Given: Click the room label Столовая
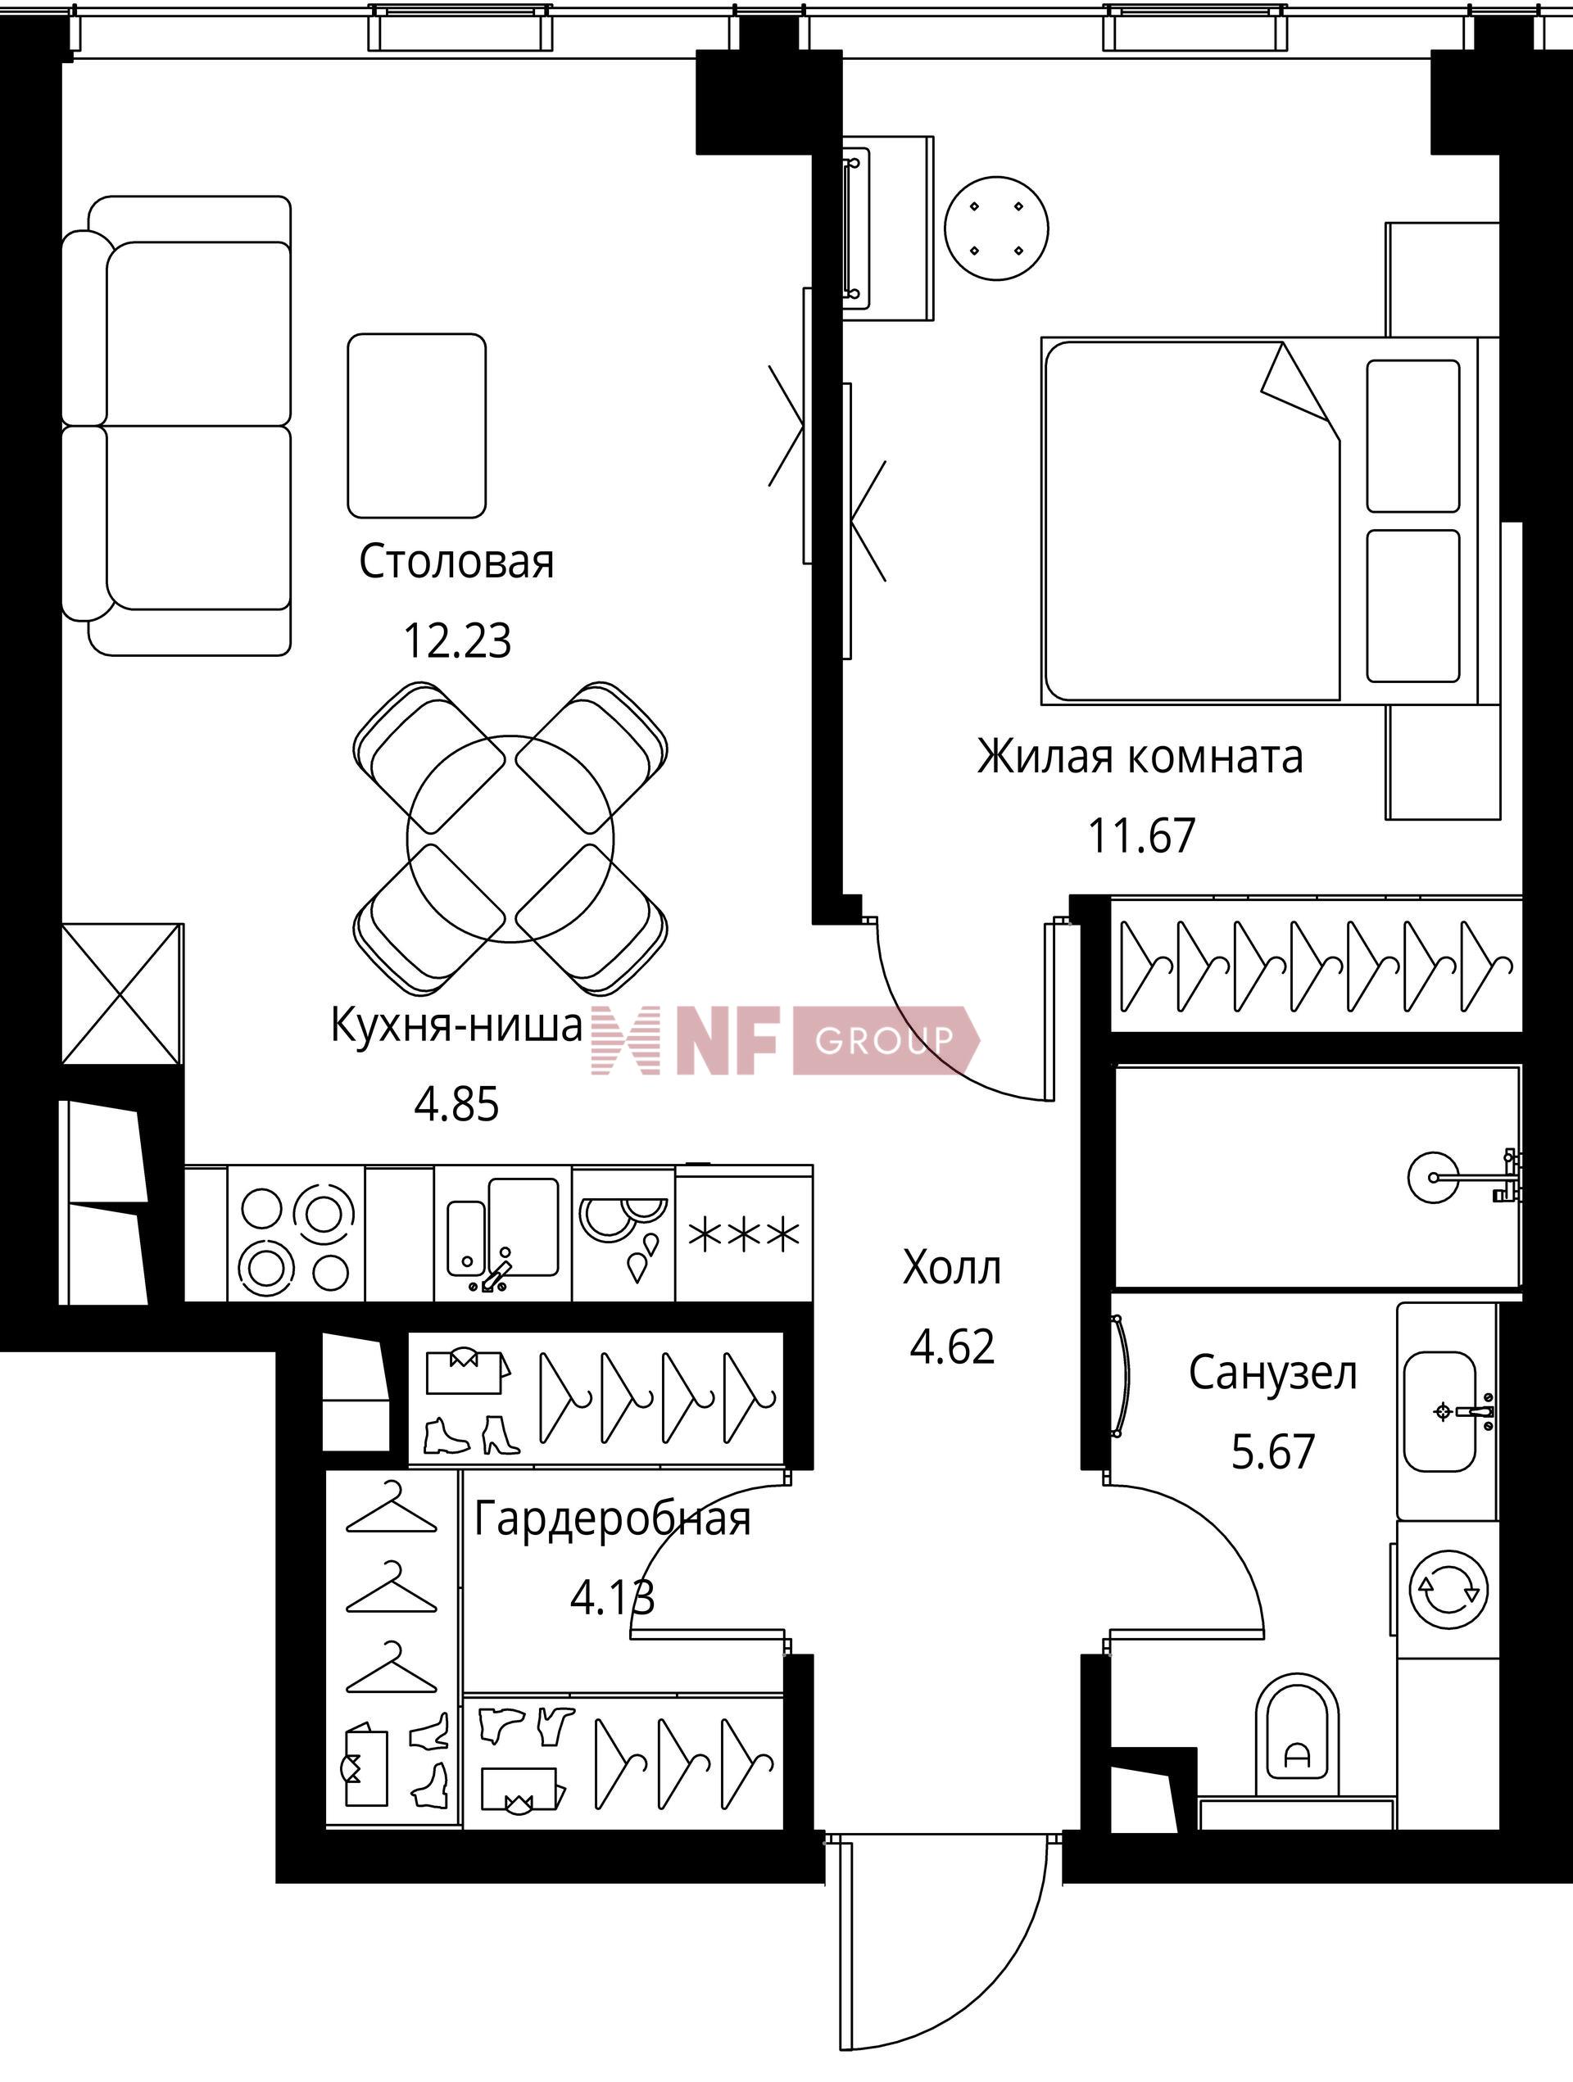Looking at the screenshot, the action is [456, 562].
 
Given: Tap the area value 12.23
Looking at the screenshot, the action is [457, 641].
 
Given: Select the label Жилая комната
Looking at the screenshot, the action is [1140, 756].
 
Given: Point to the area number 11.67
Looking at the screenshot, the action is [1142, 835].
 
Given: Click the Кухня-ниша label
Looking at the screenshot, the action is [457, 1024].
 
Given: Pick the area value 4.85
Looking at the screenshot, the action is [456, 1104].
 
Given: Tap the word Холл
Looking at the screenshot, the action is [952, 1268].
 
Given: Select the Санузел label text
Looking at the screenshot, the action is [1272, 1373].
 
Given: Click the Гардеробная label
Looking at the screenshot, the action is [612, 1519].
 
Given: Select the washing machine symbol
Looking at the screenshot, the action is [1448, 1590].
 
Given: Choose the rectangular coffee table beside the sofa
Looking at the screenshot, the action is [417, 425].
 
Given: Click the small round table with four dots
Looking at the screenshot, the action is [997, 228].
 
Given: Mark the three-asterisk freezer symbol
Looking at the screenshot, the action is [744, 1234].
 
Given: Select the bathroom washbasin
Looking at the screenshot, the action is [1439, 1412].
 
